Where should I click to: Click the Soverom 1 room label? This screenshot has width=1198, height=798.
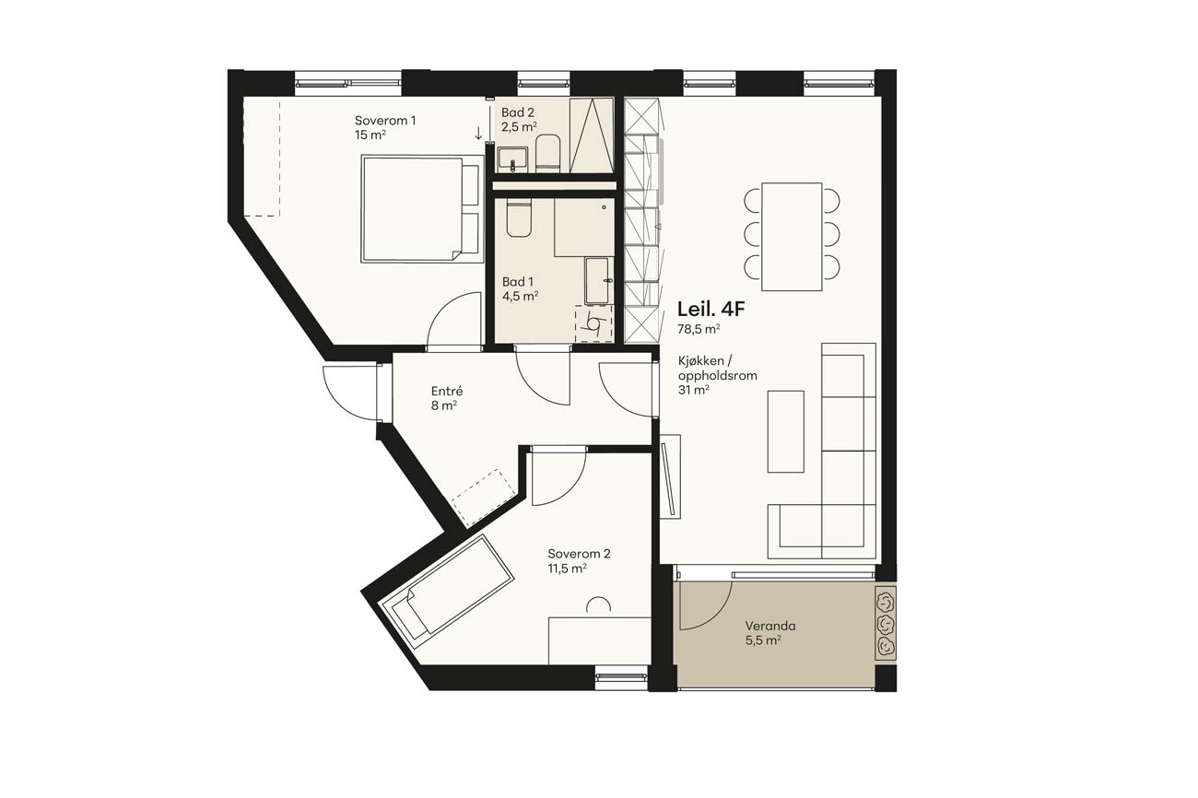[385, 121]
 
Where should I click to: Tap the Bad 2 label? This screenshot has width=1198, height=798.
[518, 112]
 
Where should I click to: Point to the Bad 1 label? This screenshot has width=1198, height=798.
[518, 282]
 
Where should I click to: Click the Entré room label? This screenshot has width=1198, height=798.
[447, 391]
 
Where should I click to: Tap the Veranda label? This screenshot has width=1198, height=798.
[770, 626]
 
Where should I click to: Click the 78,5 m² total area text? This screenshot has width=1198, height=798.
[699, 330]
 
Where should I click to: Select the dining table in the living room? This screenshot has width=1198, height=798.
[792, 237]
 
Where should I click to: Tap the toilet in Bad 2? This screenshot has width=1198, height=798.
[547, 153]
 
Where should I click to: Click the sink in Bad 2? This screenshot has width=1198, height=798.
[512, 159]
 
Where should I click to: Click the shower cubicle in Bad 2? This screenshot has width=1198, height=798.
[592, 135]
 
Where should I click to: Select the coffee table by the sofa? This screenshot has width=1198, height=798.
[786, 431]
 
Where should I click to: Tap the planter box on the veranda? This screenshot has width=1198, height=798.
[886, 623]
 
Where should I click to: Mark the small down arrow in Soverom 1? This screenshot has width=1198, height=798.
[478, 134]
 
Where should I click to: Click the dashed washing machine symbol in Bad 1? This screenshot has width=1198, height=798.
[593, 323]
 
